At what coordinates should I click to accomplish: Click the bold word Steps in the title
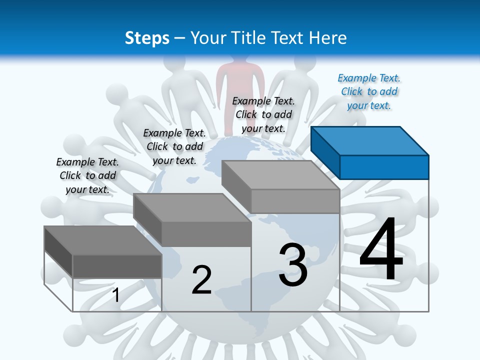[x=147, y=38]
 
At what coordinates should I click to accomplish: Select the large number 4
[x=381, y=250]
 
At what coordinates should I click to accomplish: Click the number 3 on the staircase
[x=293, y=264]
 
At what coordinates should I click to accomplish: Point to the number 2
[x=202, y=280]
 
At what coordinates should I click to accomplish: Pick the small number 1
[x=116, y=295]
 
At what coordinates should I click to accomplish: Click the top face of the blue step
[x=370, y=140]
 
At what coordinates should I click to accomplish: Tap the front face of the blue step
[x=384, y=167]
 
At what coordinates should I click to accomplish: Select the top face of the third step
[x=280, y=175]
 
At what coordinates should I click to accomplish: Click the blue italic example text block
[x=369, y=91]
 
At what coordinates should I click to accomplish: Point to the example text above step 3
[x=263, y=114]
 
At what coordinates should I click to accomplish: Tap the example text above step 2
[x=174, y=146]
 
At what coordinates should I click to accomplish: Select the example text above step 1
[x=87, y=175]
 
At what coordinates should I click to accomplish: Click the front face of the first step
[x=117, y=266]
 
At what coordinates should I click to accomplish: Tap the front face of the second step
[x=206, y=234]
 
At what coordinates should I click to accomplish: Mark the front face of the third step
[x=295, y=201]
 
